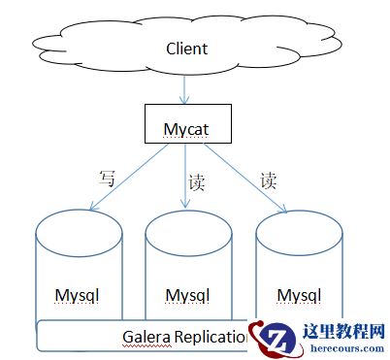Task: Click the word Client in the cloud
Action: (187, 48)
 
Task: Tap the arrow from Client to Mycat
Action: (184, 89)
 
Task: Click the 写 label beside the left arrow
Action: (107, 178)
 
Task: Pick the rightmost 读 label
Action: (268, 180)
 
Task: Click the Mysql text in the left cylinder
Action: (78, 293)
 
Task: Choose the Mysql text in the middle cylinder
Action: (187, 294)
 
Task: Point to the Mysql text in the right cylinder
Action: (299, 293)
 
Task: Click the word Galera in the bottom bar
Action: (146, 337)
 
